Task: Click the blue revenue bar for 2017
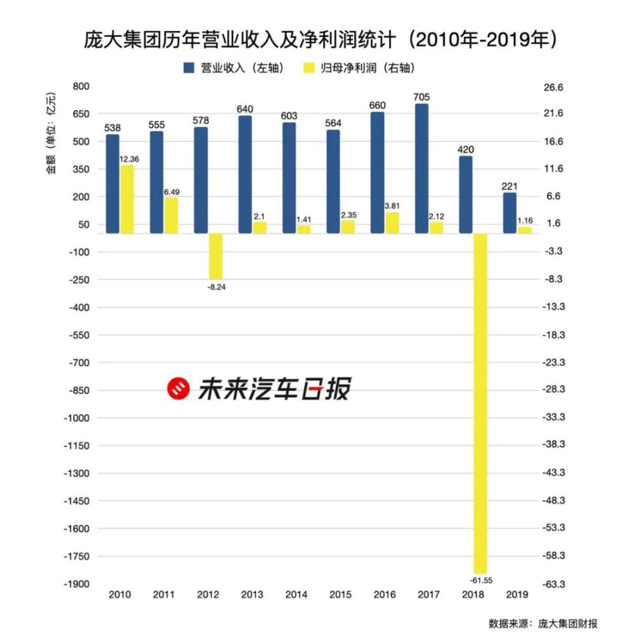(422, 169)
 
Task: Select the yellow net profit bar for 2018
(480, 403)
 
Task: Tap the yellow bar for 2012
(216, 256)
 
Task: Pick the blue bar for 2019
(509, 213)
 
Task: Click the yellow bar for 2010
(127, 199)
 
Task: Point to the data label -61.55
(480, 580)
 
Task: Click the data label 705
(422, 97)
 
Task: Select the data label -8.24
(216, 287)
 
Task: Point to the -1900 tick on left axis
(78, 584)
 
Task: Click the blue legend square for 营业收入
(190, 67)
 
